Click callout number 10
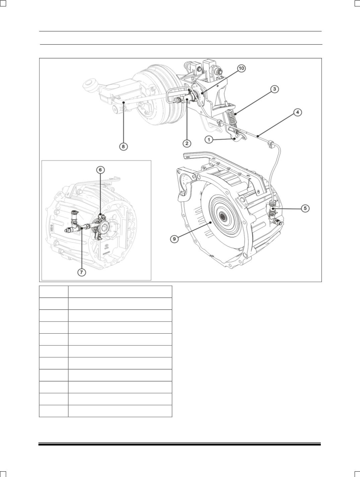pos(241,68)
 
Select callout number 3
pos(274,89)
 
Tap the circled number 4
pos(297,112)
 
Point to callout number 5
pos(305,208)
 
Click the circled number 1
pos(209,139)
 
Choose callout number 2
pos(187,143)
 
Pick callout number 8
pos(123,146)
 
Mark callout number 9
pos(174,239)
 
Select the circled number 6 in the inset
pos(100,170)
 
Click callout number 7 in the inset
pos(81,272)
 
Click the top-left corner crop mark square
pos(3,3)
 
